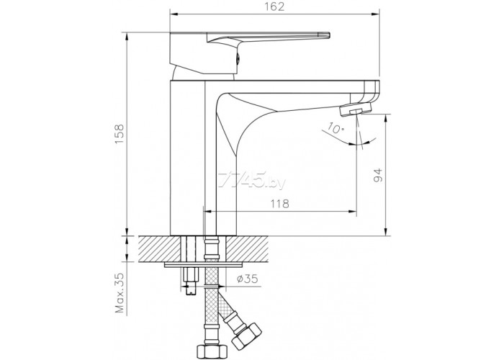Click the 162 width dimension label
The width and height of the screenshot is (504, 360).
tap(275, 6)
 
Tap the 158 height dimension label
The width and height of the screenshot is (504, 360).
tap(120, 133)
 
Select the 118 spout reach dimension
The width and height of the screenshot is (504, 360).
tap(279, 204)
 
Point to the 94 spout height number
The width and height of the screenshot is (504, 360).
tap(378, 175)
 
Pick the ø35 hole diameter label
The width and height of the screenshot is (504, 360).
tap(248, 279)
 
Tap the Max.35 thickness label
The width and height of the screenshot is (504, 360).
tap(120, 292)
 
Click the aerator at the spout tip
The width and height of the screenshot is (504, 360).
tap(356, 110)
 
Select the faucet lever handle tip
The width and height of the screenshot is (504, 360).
tap(324, 35)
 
